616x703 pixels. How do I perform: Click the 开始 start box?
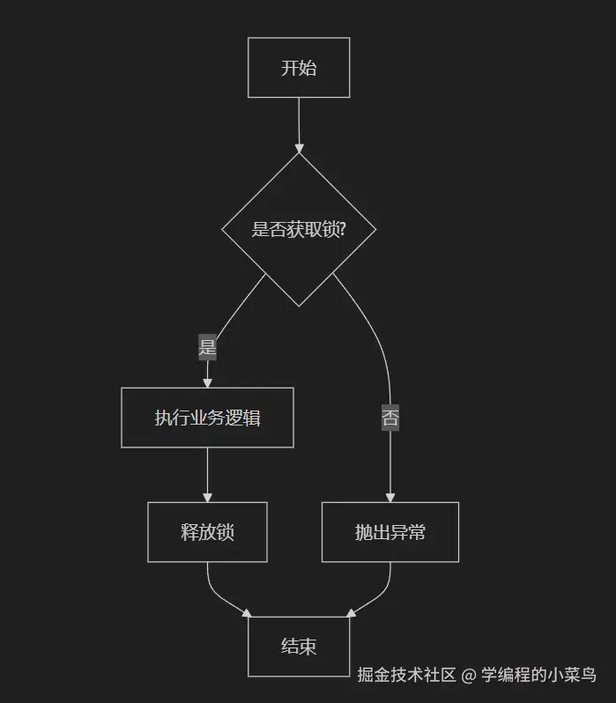pos(299,68)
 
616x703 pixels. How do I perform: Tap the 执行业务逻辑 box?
pos(207,418)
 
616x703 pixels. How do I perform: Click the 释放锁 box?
pos(207,532)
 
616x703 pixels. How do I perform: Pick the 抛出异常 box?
pos(390,532)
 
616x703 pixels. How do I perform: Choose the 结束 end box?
pos(299,647)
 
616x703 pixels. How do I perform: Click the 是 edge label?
pos(207,347)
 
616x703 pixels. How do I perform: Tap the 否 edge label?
pos(390,418)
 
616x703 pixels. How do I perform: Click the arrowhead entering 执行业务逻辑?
pos(207,382)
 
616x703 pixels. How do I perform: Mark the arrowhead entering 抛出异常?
pos(390,497)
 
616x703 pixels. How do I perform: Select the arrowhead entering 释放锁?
pos(207,497)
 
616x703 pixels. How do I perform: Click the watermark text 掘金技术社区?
pos(406,675)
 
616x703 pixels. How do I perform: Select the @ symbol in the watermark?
pos(469,676)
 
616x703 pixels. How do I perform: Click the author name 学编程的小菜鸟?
pos(538,675)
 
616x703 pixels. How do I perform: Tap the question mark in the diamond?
pos(341,230)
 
